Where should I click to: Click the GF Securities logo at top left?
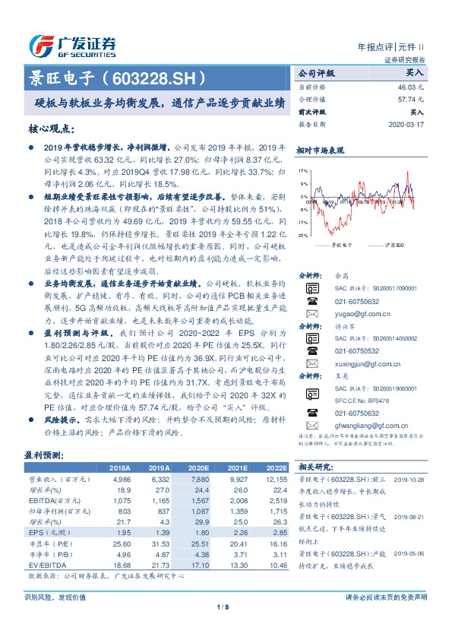[x=72, y=43]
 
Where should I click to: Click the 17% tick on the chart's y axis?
[x=302, y=172]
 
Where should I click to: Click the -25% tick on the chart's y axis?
[x=302, y=236]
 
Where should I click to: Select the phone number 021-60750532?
[x=357, y=300]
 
